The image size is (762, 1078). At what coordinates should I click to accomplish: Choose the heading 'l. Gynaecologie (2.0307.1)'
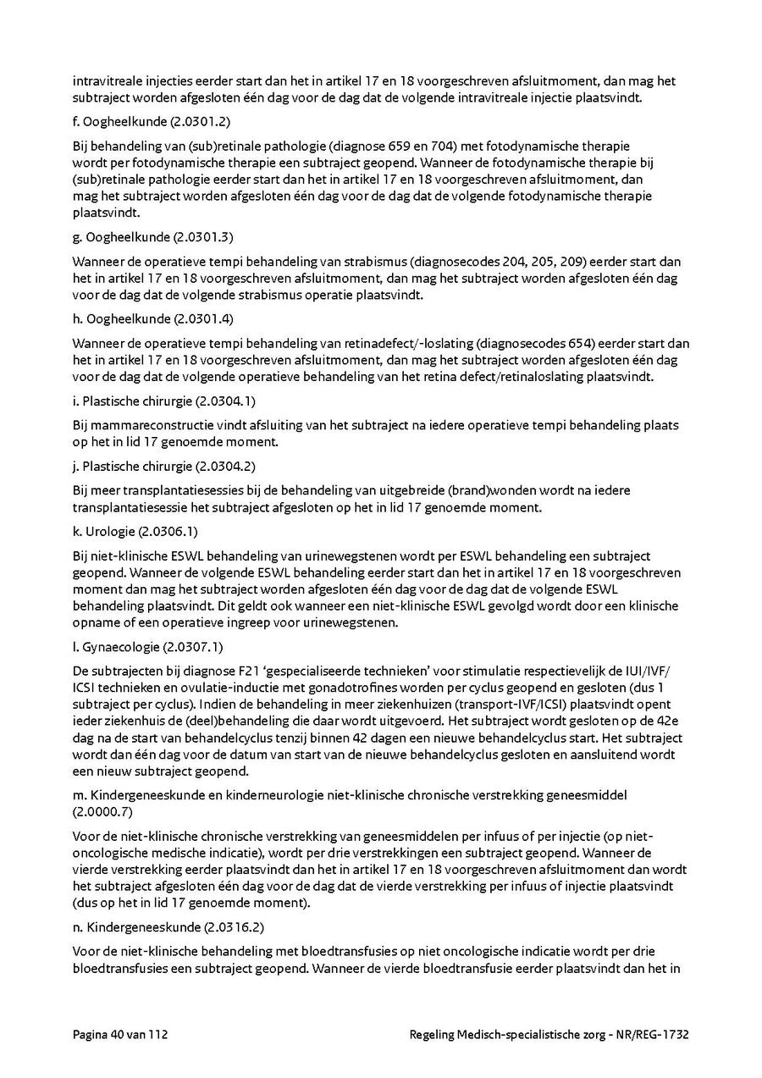[x=148, y=648]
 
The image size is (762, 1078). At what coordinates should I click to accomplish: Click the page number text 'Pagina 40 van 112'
[x=119, y=1035]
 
